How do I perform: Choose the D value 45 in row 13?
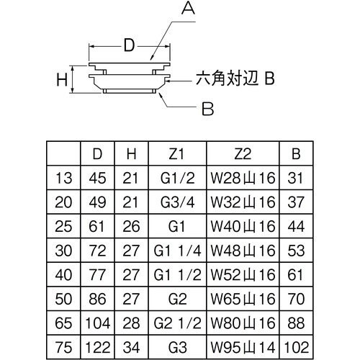click(x=96, y=176)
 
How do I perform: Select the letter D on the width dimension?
click(x=127, y=46)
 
